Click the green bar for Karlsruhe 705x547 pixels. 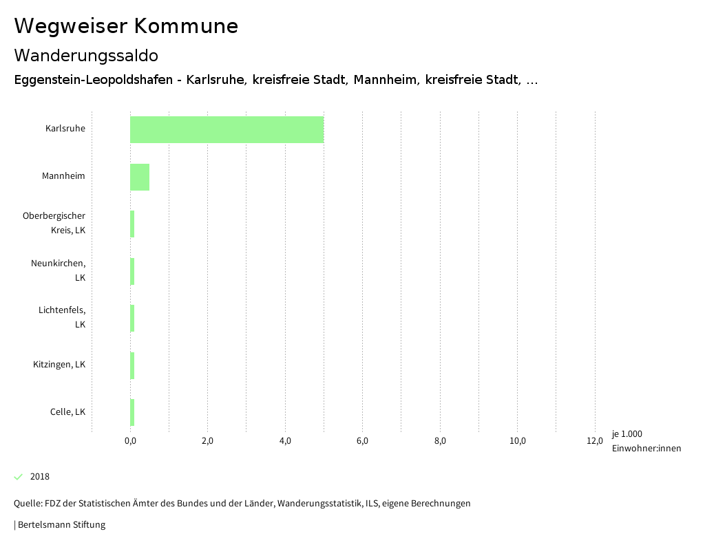[227, 129]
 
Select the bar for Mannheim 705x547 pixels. [140, 177]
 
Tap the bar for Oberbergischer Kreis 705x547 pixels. [132, 224]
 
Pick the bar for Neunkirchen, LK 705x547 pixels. [132, 271]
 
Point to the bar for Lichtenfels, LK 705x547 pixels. [132, 318]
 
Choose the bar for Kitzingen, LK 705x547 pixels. [132, 365]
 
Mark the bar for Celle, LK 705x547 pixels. [132, 412]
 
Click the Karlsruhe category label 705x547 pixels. [65, 129]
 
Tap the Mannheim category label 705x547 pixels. [63, 176]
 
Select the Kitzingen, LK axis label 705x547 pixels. [59, 365]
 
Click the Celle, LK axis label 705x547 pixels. [67, 412]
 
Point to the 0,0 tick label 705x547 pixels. [130, 441]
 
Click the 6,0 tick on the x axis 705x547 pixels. [362, 441]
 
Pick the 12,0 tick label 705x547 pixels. [595, 441]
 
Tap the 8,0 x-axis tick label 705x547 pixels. [440, 441]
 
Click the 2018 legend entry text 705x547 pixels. [40, 477]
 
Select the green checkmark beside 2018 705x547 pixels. [19, 477]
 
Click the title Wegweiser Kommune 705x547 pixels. [126, 26]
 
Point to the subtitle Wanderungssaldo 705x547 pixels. [86, 55]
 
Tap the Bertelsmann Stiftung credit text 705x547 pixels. [61, 525]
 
